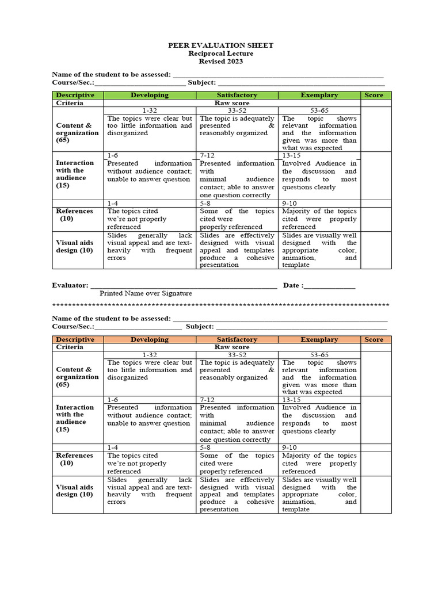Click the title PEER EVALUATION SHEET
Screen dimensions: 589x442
(220, 45)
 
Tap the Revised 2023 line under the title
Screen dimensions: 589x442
(220, 62)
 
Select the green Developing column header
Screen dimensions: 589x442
(150, 95)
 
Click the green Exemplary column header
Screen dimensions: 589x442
(319, 95)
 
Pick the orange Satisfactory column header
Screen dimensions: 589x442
(237, 339)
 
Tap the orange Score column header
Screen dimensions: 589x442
(374, 339)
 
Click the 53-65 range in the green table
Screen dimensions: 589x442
(319, 110)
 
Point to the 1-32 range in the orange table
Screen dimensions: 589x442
(150, 355)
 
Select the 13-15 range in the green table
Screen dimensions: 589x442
(291, 155)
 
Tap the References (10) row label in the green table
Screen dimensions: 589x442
(74, 215)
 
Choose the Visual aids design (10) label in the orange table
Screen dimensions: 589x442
(75, 490)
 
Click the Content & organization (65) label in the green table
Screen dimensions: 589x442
(77, 132)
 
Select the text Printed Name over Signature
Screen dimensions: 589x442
(146, 293)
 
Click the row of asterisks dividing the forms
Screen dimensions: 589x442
(220, 305)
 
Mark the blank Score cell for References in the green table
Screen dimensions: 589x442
(376, 215)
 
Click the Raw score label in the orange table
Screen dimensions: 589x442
(232, 347)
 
